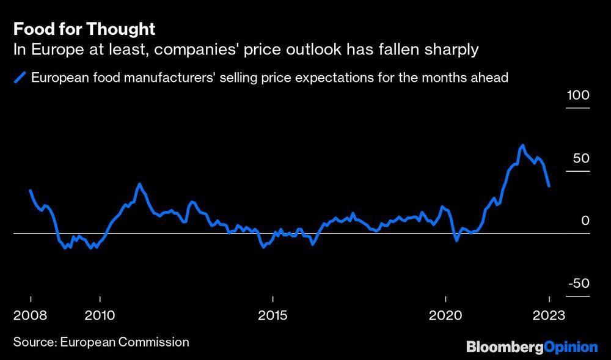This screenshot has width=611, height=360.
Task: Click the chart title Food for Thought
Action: (84, 29)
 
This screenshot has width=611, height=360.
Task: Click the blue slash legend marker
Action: (20, 78)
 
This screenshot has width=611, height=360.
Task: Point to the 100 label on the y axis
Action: (578, 96)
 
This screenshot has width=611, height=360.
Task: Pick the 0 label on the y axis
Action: (585, 221)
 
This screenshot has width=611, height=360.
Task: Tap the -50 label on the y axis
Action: (578, 284)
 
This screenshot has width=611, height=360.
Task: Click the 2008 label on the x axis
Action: (30, 315)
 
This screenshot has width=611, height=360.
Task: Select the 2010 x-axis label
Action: (100, 315)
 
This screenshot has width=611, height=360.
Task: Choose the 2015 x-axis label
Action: (273, 315)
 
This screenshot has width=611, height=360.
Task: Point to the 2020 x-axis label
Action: (446, 315)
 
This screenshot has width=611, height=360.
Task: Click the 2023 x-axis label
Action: (549, 315)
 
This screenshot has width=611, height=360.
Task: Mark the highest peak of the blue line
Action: (522, 146)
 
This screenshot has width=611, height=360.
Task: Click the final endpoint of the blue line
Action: (549, 185)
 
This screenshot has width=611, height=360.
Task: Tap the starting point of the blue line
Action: (31, 191)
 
